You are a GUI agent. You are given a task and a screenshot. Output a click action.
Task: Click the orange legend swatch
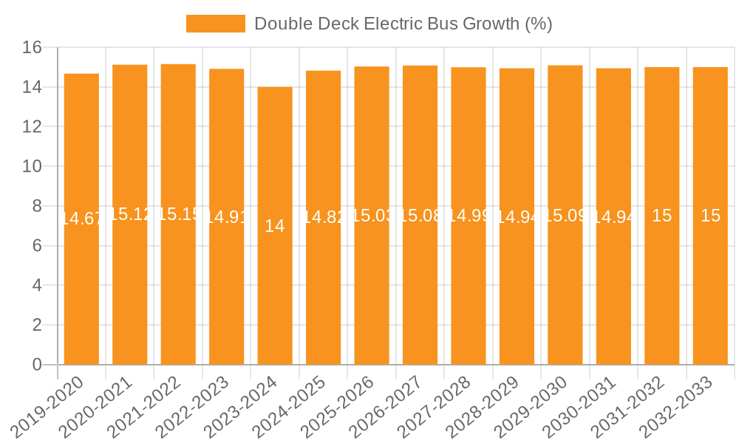[215, 24]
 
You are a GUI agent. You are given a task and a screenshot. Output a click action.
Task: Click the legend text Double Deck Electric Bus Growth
[403, 24]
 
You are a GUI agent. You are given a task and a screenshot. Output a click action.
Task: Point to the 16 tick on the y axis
[32, 48]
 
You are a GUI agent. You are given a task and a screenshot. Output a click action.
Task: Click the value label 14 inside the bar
[275, 226]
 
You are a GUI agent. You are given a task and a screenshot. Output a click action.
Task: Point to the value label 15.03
[372, 216]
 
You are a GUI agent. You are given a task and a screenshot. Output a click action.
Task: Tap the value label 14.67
[81, 219]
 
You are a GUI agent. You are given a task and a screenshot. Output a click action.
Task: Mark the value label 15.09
[565, 216]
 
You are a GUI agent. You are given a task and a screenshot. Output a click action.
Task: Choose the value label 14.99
[469, 216]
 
